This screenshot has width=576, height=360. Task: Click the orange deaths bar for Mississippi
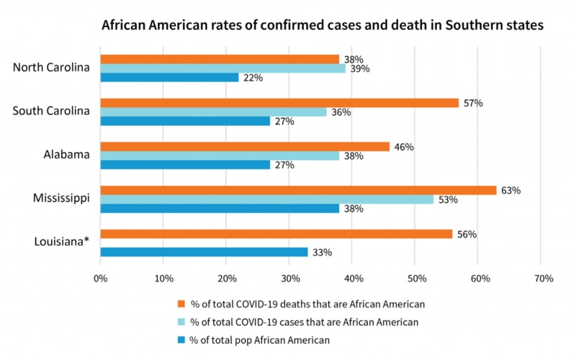pyautogui.click(x=298, y=190)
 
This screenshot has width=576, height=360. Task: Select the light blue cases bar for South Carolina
pyautogui.click(x=213, y=112)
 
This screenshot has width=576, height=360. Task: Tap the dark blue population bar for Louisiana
pyautogui.click(x=204, y=252)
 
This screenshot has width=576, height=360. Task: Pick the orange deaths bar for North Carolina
pyautogui.click(x=220, y=59)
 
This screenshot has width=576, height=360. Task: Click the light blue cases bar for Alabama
pyautogui.click(x=220, y=156)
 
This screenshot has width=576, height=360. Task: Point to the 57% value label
pyautogui.click(x=473, y=103)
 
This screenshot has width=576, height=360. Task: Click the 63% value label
pyautogui.click(x=511, y=191)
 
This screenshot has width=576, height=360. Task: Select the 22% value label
pyautogui.click(x=253, y=78)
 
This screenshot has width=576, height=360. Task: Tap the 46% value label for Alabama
pyautogui.click(x=404, y=147)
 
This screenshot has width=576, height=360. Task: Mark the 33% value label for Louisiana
pyautogui.click(x=322, y=253)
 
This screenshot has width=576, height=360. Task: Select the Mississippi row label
pyautogui.click(x=62, y=198)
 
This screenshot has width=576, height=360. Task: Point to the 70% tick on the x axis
pyautogui.click(x=542, y=279)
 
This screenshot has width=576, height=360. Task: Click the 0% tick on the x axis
pyautogui.click(x=101, y=279)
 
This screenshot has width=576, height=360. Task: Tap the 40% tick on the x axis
pyautogui.click(x=353, y=279)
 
